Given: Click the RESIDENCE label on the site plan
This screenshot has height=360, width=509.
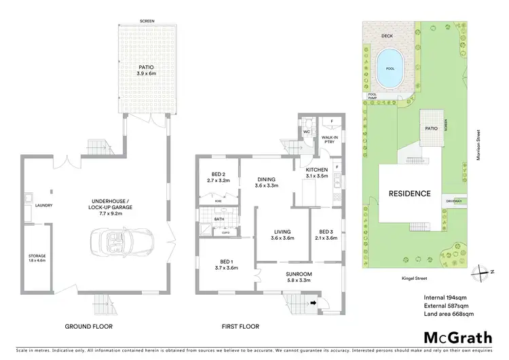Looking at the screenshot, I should coord(409,194).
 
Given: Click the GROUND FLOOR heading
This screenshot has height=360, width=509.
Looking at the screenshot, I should coord(89,327).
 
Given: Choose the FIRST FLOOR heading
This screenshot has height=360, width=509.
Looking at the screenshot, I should coord(241,327).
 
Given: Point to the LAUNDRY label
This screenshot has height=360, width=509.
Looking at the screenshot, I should coord(43,205).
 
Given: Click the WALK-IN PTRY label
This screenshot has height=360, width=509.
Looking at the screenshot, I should coord(330,139).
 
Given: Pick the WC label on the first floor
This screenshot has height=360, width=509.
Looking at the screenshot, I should coord(307,132).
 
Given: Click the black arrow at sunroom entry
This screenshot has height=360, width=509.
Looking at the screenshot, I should coord(313,304).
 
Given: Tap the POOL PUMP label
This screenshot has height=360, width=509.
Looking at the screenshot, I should coord(370,97).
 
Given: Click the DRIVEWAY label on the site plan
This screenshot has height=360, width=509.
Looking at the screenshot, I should coord(453,200).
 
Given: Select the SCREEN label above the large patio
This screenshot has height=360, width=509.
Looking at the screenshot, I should coord(147,21).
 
